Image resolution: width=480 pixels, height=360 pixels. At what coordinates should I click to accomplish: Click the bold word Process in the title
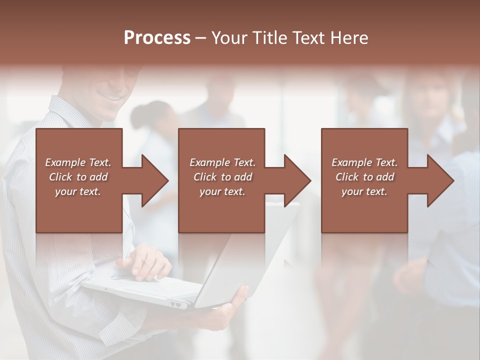coord(157,38)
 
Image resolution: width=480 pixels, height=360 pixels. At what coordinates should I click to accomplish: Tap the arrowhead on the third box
coord(439,180)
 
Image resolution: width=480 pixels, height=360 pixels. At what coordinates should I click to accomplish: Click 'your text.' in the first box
coord(78,191)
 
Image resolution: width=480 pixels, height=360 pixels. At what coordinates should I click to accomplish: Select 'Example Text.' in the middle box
coord(222,162)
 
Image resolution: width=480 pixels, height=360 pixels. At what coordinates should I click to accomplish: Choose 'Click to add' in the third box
coord(365,177)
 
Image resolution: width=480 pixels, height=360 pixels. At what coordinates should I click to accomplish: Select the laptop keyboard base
coord(145,290)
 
